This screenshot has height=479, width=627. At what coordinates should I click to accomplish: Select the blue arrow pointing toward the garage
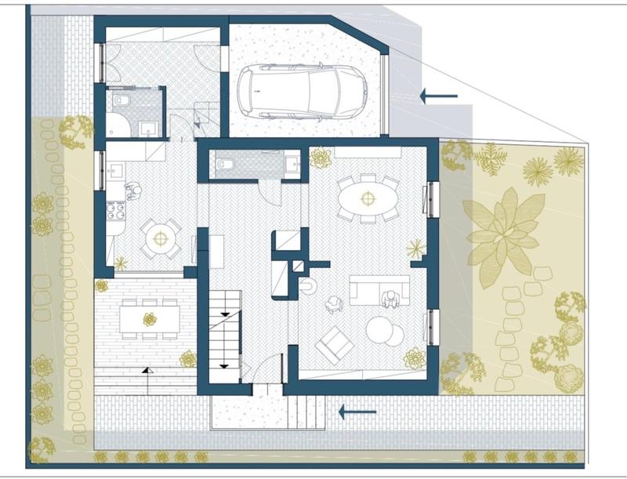click(x=438, y=96)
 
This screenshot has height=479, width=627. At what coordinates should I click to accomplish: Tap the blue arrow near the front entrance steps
click(x=357, y=411)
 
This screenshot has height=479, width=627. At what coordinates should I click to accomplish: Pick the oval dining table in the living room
click(x=367, y=198)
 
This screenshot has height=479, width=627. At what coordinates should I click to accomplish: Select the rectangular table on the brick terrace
click(x=149, y=318)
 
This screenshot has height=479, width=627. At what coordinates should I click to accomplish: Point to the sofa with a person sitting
click(x=380, y=290)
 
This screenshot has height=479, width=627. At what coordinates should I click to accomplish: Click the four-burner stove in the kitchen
click(x=115, y=211)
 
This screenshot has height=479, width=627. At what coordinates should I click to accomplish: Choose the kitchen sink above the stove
click(x=115, y=170)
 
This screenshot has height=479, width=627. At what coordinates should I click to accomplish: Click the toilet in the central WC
click(x=224, y=164)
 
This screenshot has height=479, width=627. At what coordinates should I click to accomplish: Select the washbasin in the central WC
click(x=292, y=164)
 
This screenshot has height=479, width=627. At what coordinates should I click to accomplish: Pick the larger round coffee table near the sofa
click(x=380, y=330)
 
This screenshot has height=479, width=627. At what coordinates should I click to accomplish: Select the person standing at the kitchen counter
click(x=133, y=191)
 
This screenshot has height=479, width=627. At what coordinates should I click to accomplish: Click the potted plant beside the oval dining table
click(x=320, y=158)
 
